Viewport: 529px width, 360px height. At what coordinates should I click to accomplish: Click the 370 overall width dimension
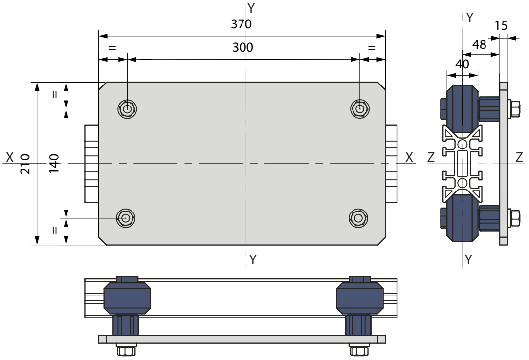(x=241, y=24)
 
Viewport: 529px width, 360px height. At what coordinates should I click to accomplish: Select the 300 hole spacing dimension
(x=242, y=47)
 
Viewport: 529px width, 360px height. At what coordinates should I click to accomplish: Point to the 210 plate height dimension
(x=25, y=164)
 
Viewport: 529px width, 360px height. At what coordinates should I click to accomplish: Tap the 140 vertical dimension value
(x=54, y=164)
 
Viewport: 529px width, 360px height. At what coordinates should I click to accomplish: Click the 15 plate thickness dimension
(x=501, y=25)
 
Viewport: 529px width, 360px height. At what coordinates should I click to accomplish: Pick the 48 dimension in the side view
(x=479, y=44)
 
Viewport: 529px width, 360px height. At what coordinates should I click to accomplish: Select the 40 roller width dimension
(x=462, y=64)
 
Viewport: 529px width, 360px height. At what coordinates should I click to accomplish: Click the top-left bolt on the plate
(x=127, y=109)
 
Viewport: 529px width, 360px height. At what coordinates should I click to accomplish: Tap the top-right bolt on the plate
(x=360, y=109)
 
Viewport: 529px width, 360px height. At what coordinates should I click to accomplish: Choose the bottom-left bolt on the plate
(x=126, y=218)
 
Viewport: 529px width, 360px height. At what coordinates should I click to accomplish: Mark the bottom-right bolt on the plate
(x=358, y=218)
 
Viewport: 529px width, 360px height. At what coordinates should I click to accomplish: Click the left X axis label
(x=10, y=157)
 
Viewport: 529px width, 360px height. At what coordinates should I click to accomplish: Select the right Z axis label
(x=519, y=157)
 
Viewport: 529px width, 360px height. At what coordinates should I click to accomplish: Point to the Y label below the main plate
(x=253, y=259)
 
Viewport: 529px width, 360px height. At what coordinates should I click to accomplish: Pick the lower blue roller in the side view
(x=462, y=218)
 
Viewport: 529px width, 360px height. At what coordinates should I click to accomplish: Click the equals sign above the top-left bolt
(x=111, y=48)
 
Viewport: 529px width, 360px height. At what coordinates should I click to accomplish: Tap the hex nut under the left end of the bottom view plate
(x=127, y=350)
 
